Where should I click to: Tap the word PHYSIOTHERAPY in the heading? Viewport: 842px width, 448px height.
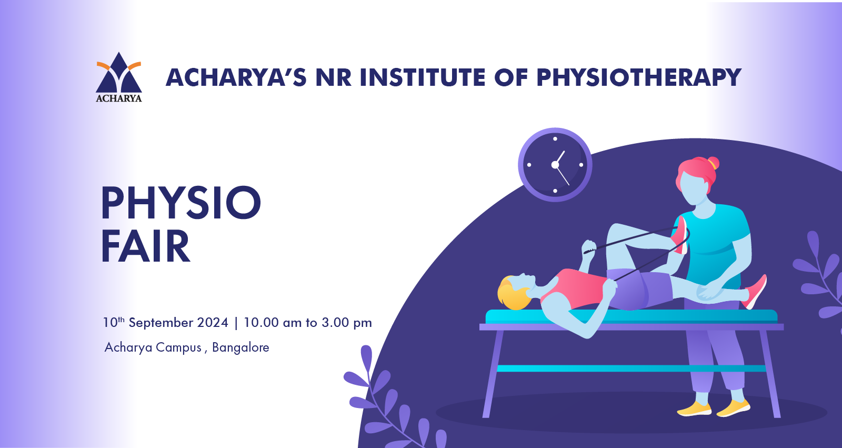click(x=639, y=77)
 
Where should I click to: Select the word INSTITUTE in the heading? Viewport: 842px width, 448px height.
click(x=423, y=77)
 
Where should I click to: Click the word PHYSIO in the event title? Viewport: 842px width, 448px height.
click(x=181, y=202)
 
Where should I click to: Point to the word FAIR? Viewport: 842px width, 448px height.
click(x=145, y=246)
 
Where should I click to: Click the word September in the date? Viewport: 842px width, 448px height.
click(x=160, y=323)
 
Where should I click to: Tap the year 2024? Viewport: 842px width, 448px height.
click(x=213, y=323)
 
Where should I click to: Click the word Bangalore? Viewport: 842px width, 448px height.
click(x=240, y=347)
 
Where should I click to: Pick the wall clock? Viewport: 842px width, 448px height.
click(x=555, y=165)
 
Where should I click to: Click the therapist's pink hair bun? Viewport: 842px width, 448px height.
click(x=713, y=163)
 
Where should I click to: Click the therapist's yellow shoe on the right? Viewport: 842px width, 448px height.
click(x=733, y=408)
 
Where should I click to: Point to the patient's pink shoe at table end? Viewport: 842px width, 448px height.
click(x=756, y=292)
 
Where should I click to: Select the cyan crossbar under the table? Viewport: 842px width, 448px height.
click(x=631, y=369)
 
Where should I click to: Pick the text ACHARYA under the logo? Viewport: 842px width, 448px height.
click(x=119, y=98)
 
